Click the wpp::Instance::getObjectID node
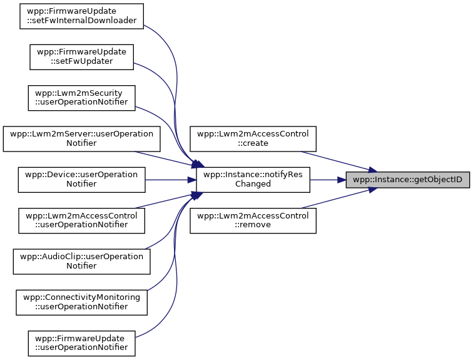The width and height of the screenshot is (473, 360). [x=408, y=180]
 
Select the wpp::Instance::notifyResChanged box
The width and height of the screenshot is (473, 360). [x=253, y=180]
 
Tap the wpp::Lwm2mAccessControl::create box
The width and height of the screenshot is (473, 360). [x=253, y=139]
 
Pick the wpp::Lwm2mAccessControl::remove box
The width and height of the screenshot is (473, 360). [x=253, y=220]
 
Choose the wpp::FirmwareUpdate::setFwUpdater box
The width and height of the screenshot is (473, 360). [x=81, y=57]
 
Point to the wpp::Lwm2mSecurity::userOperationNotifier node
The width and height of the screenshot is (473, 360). [x=81, y=98]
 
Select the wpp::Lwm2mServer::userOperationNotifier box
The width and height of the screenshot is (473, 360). [x=81, y=139]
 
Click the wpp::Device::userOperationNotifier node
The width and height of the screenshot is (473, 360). [x=81, y=180]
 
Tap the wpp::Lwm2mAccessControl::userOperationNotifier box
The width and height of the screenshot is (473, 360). [x=81, y=220]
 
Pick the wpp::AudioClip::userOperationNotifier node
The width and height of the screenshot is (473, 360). [x=81, y=262]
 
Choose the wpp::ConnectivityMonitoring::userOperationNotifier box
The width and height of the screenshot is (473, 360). [x=81, y=302]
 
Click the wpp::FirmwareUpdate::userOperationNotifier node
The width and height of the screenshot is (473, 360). [x=81, y=343]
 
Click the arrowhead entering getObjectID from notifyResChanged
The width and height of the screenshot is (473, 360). [x=342, y=180]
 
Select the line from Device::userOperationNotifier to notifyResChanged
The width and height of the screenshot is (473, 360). [x=169, y=180]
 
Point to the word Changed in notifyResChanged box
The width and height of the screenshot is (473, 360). [x=253, y=185]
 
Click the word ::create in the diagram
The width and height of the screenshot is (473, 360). [x=253, y=144]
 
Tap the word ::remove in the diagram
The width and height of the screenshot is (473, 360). [x=253, y=225]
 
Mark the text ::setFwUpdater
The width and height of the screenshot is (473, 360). [x=81, y=62]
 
